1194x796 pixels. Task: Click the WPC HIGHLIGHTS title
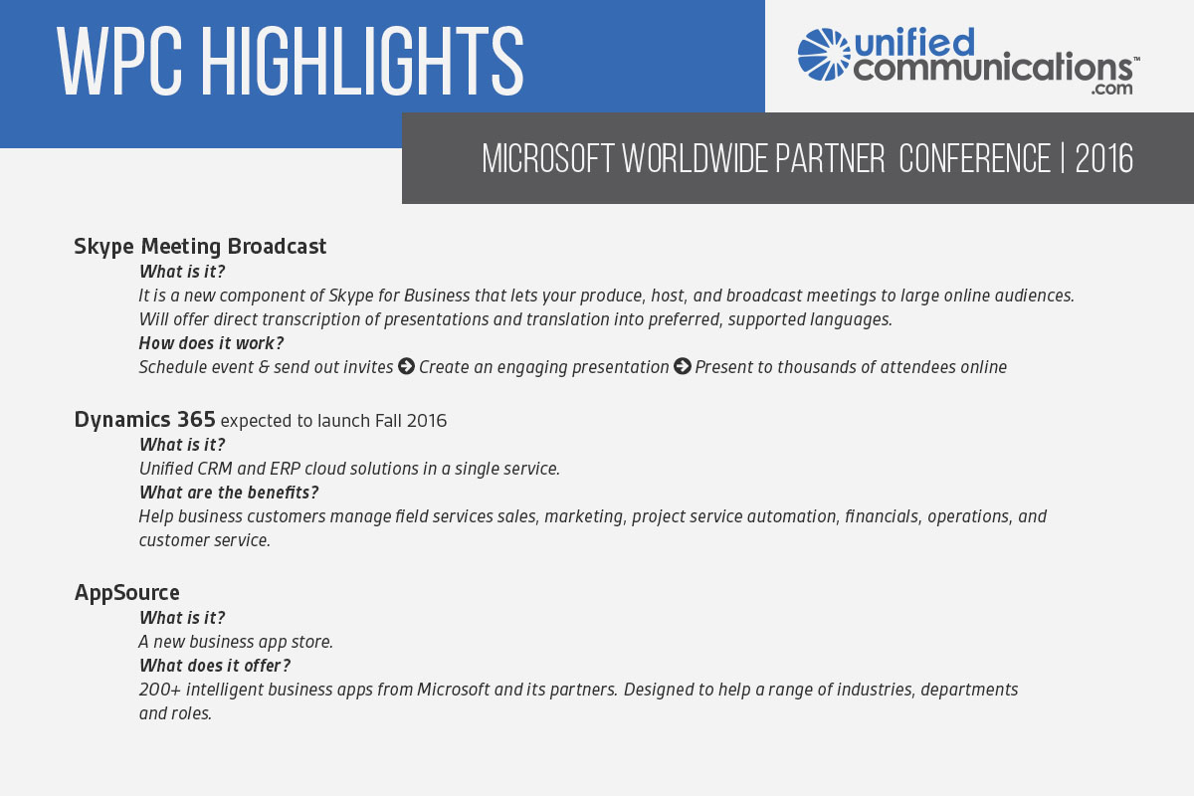pos(290,62)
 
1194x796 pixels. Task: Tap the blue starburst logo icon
pos(824,55)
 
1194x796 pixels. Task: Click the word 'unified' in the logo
pos(914,42)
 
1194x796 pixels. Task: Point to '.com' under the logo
pos(1111,88)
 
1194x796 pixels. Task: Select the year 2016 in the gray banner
pos(1103,158)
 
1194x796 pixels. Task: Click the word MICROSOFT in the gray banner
pos(548,158)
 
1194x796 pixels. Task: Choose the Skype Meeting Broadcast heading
pos(200,247)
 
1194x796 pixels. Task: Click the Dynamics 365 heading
pos(144,420)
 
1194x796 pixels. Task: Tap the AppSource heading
pos(127,593)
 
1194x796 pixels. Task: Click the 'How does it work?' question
pos(211,343)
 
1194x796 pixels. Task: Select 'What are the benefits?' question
pos(229,493)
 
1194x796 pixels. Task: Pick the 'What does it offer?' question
pos(215,666)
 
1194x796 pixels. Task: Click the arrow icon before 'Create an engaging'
pos(406,366)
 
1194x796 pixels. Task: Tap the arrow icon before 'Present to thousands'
pos(683,366)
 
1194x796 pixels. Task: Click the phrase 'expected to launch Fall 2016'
pos(333,421)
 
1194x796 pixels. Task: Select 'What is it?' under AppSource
pos(182,617)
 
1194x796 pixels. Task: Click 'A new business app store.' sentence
pos(236,642)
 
